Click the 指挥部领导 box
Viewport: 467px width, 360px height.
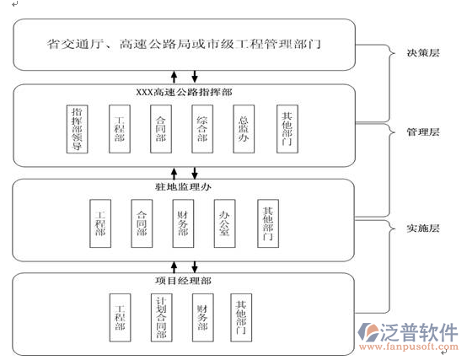click(x=78, y=128)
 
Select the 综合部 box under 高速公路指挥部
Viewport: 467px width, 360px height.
click(x=201, y=128)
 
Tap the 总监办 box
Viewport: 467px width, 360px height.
click(x=244, y=128)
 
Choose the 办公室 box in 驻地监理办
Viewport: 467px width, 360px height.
click(x=225, y=221)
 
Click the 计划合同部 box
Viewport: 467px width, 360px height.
click(x=161, y=316)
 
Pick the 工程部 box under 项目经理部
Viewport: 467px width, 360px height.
click(x=120, y=316)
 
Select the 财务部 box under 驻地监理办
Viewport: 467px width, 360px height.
click(x=183, y=221)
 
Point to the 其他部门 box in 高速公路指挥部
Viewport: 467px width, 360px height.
click(x=287, y=128)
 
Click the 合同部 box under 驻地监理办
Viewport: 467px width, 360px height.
click(x=142, y=221)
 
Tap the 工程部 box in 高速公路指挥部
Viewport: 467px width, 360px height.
click(x=120, y=128)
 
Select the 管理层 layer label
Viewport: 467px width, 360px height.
click(x=422, y=132)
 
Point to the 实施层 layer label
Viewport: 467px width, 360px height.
click(x=422, y=228)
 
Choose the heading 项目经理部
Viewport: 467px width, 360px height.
click(x=183, y=280)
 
